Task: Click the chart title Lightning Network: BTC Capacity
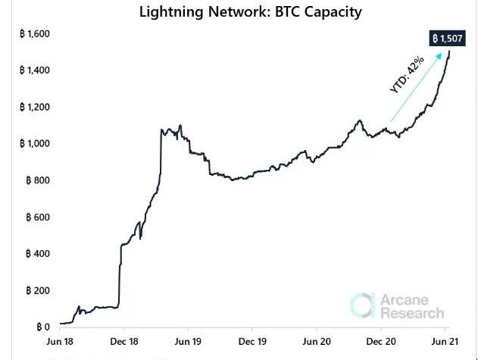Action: (x=251, y=11)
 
